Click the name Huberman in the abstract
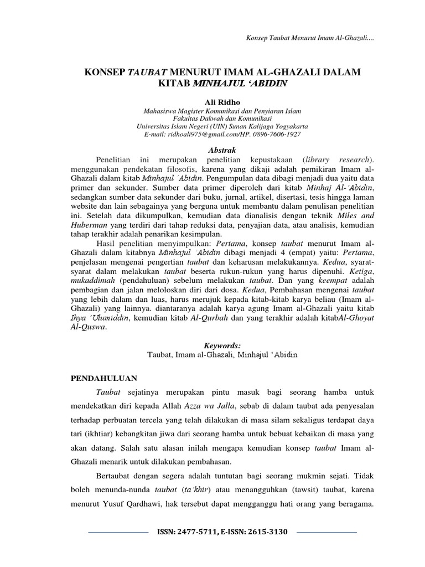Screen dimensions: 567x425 click(90, 225)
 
